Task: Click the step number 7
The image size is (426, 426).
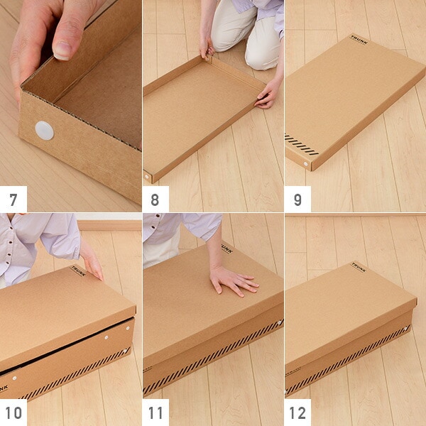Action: coord(13,200)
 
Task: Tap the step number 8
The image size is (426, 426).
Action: coord(155,200)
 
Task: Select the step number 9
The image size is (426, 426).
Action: coord(297,200)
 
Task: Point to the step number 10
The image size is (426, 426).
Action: coord(13,413)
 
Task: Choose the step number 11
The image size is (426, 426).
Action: coord(155,413)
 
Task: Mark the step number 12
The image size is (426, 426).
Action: coord(297,413)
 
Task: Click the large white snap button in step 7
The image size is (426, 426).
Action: coord(44,131)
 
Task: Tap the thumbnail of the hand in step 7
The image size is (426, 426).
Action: coord(62,50)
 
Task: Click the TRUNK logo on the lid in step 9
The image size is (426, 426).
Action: coord(359,40)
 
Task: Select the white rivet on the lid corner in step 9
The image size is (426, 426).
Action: coord(305,164)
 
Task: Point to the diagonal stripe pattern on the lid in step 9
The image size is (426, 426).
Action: coord(301,144)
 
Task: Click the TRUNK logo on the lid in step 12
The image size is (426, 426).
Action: coord(359,267)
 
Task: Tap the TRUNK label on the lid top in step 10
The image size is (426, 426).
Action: coord(78,271)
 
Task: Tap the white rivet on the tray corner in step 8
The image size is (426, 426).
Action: coord(147,177)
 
